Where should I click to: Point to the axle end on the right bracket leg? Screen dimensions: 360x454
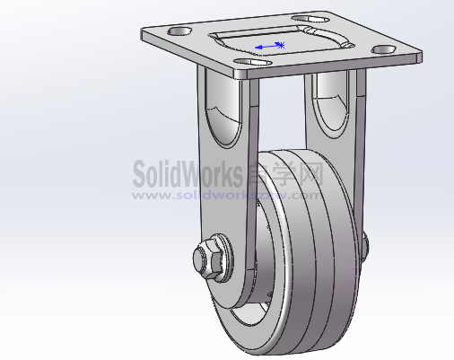tap(366, 241)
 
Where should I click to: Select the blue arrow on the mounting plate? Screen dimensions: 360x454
tap(266, 46)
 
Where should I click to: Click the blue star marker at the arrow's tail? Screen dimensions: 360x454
tap(281, 44)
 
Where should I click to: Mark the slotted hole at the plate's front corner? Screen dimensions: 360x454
tap(255, 64)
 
